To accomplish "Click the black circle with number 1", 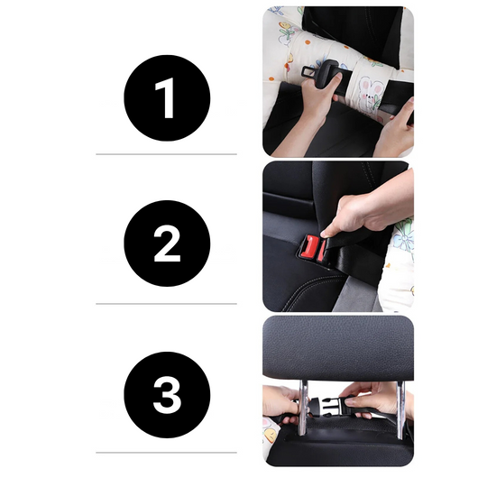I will pyautogui.click(x=167, y=98).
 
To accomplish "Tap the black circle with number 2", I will pyautogui.click(x=167, y=243).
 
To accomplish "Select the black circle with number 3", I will pyautogui.click(x=167, y=395).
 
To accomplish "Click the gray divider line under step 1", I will pyautogui.click(x=167, y=154).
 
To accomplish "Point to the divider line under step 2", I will pyautogui.click(x=167, y=304).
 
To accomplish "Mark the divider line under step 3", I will pyautogui.click(x=167, y=452).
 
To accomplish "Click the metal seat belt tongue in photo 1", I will pyautogui.click(x=321, y=69).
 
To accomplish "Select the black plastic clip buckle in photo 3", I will pyautogui.click(x=323, y=408).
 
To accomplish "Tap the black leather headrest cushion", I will pyautogui.click(x=338, y=347).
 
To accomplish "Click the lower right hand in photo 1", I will pyautogui.click(x=395, y=131).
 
